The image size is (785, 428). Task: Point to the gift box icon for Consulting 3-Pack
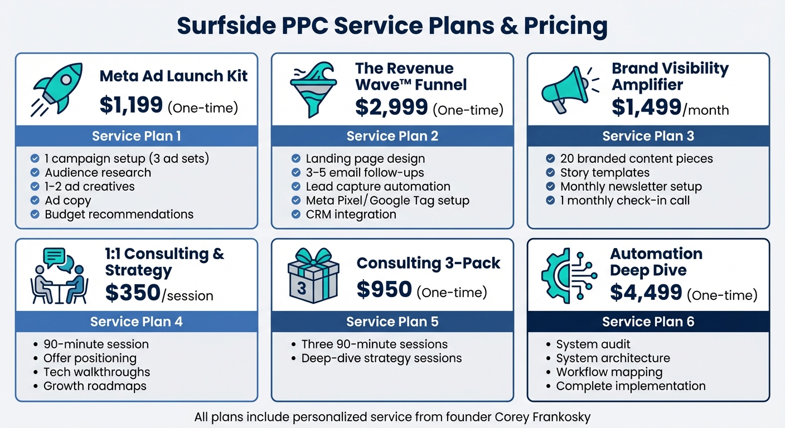click(x=313, y=276)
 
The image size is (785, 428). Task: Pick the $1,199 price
click(x=132, y=105)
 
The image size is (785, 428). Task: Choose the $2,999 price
click(x=392, y=107)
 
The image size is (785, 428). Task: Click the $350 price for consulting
click(x=133, y=293)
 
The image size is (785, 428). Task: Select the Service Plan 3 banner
click(x=648, y=136)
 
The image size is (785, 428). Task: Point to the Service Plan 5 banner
click(x=392, y=322)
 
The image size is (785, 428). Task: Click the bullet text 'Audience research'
click(x=98, y=173)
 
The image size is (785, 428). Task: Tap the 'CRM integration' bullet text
click(x=351, y=214)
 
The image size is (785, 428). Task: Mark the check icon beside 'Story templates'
click(x=551, y=173)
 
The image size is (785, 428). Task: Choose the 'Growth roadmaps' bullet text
click(x=95, y=386)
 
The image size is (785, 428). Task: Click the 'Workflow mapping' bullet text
click(x=609, y=372)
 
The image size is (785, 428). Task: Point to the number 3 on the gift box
click(x=302, y=289)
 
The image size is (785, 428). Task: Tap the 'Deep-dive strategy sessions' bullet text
click(x=381, y=358)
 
